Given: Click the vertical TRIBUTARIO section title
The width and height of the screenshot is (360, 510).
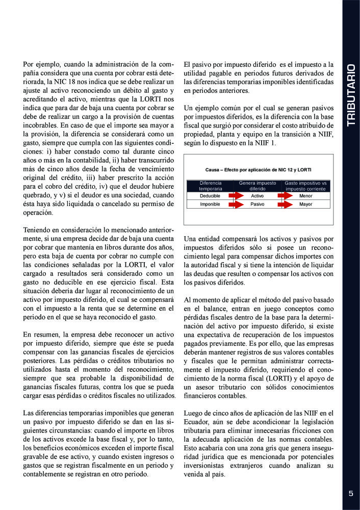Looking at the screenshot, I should pyautogui.click(x=351, y=95).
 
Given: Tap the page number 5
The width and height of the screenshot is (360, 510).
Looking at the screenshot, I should pyautogui.click(x=351, y=493).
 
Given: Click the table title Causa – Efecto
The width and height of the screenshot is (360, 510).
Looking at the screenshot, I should pyautogui.click(x=258, y=169).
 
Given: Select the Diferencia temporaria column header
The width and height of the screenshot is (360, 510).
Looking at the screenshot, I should pyautogui.click(x=210, y=186).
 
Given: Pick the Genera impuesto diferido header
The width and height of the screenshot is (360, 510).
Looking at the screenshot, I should pyautogui.click(x=258, y=186).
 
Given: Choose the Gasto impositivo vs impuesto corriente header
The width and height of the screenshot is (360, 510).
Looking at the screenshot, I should pyautogui.click(x=306, y=186).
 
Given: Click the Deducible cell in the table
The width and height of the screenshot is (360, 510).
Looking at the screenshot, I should pyautogui.click(x=210, y=195).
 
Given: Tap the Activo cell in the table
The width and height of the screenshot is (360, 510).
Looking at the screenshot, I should pyautogui.click(x=258, y=195).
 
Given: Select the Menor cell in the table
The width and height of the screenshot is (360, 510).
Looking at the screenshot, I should pyautogui.click(x=306, y=195).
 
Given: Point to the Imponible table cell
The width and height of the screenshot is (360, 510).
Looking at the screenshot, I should pyautogui.click(x=210, y=204).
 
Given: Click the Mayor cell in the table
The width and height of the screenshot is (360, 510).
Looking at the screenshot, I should pyautogui.click(x=306, y=204).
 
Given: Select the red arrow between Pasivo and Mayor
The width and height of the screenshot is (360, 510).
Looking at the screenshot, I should pyautogui.click(x=282, y=204).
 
